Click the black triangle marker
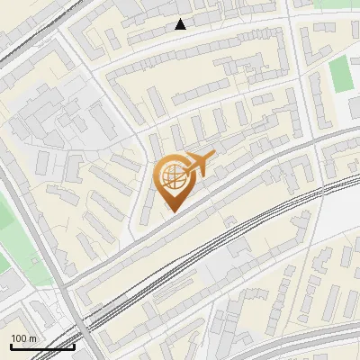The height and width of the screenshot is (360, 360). coord(181,24)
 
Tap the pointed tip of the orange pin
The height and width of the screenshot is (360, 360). coord(172,211)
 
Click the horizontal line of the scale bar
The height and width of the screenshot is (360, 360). coord(42,346)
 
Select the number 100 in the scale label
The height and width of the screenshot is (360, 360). coord(18,337)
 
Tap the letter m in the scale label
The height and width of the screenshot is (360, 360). coord(32,337)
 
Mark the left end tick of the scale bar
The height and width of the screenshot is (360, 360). coord(11,344)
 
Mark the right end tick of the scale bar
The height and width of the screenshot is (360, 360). coord(74,344)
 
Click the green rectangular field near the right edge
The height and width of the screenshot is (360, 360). coord(341,74)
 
